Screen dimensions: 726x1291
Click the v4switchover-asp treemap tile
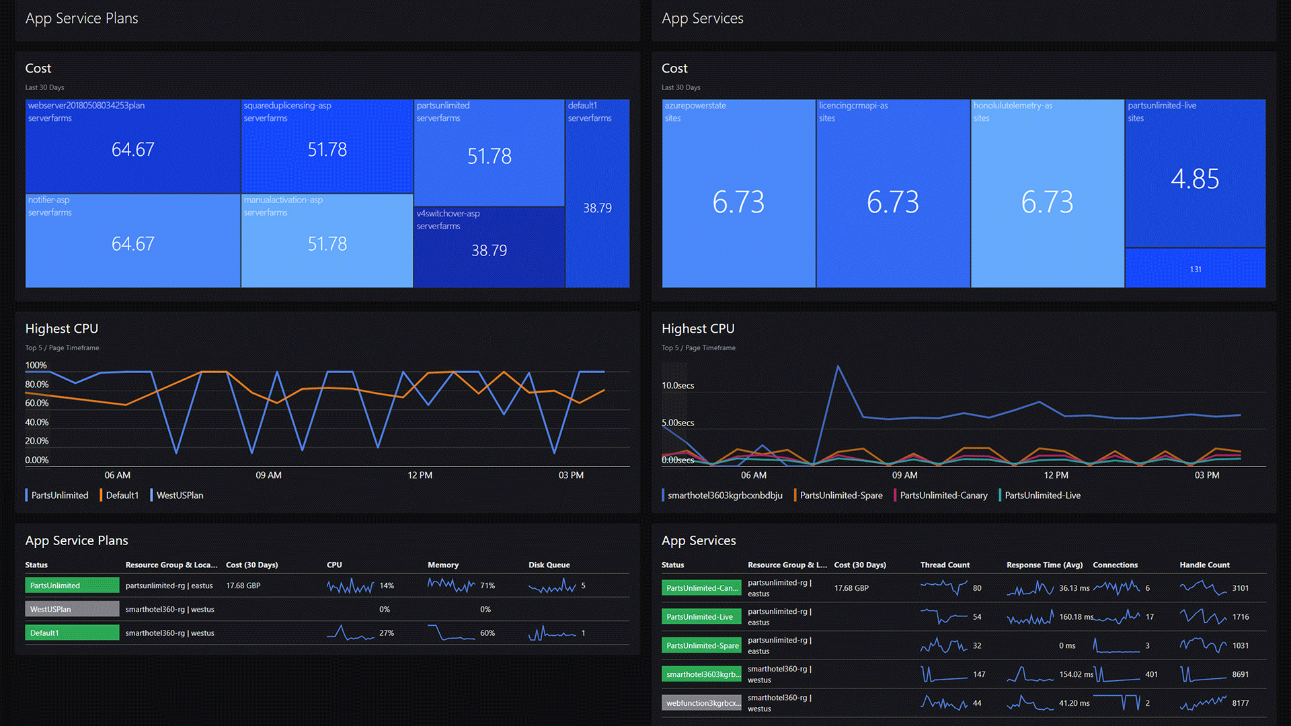click(489, 247)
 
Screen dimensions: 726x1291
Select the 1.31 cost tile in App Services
click(1195, 268)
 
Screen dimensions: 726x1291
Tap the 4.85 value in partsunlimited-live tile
click(1194, 179)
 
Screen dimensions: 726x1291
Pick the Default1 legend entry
click(122, 495)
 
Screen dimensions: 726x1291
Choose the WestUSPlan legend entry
click(180, 495)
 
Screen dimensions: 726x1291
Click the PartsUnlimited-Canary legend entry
click(943, 495)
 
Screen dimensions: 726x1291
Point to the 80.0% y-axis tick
click(37, 385)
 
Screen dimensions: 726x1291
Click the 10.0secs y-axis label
click(678, 385)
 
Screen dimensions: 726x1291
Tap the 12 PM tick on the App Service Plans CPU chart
click(420, 475)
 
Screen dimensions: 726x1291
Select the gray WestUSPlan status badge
click(72, 609)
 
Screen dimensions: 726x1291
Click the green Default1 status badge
click(72, 633)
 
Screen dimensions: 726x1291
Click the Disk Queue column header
click(549, 565)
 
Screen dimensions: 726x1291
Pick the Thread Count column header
click(945, 565)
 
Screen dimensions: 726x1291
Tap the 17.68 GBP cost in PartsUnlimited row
click(243, 586)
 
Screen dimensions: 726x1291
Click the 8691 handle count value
click(1240, 674)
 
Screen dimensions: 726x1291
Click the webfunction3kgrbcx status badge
click(701, 703)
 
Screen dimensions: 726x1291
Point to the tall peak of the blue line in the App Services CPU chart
click(838, 366)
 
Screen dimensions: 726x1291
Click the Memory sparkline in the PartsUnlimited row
click(451, 586)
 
